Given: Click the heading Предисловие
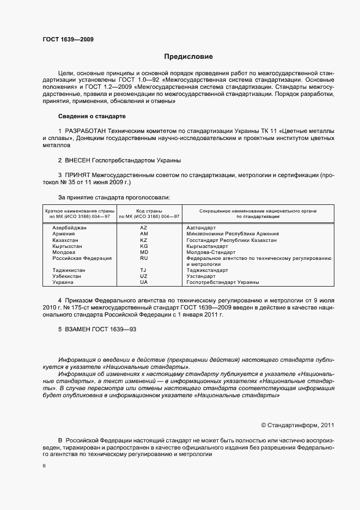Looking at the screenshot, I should (189, 57).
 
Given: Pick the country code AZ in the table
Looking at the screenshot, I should (144, 227).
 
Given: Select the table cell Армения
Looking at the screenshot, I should (64, 234).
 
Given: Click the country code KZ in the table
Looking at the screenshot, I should (144, 240).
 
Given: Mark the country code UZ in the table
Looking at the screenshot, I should (144, 277).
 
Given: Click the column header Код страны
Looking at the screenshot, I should (144, 210).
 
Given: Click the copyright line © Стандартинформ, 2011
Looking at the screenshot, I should (297, 425).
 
